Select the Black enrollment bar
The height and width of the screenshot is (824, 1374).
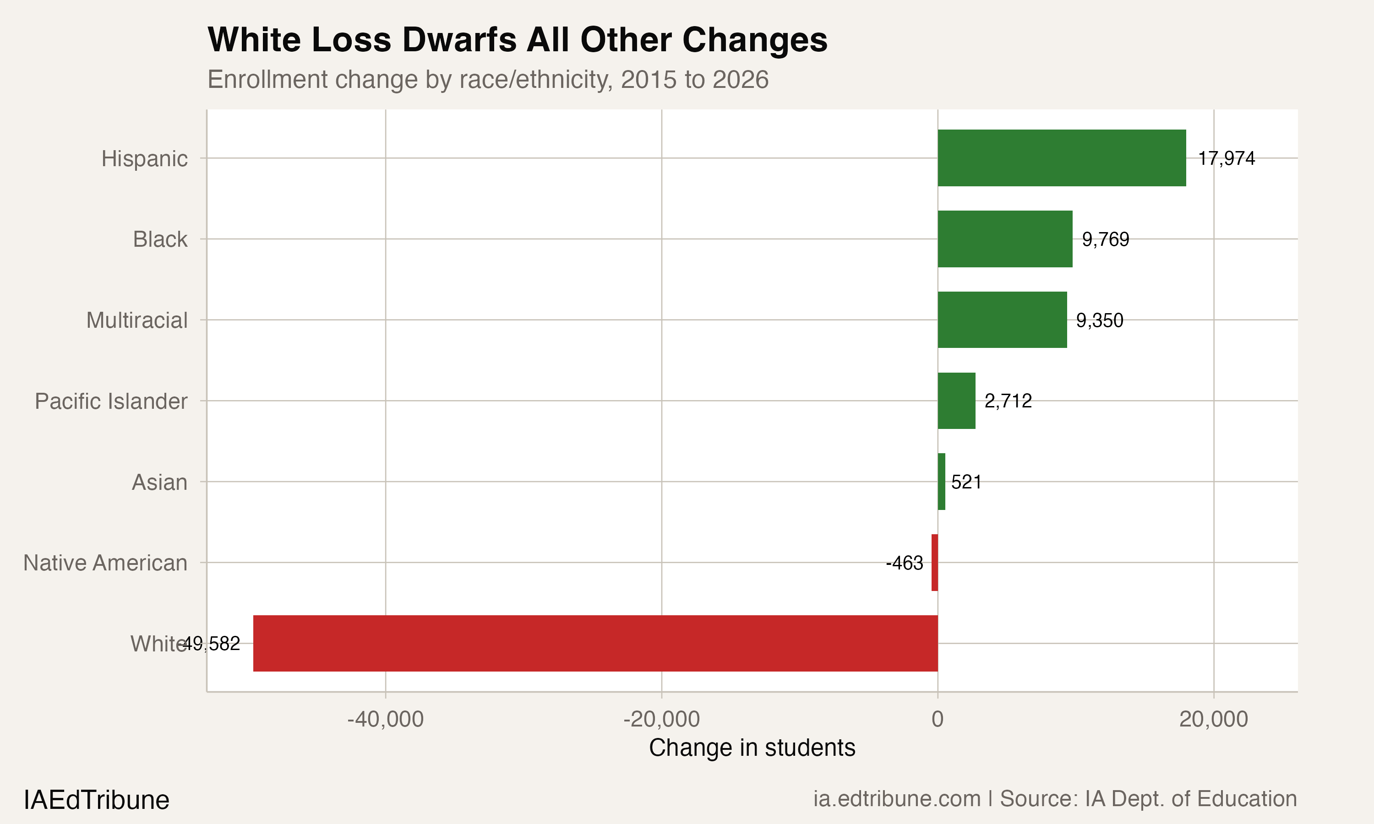[x=1005, y=239]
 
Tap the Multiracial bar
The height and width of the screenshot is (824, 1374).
[x=1002, y=320]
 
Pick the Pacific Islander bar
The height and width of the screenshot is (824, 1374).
[x=956, y=401]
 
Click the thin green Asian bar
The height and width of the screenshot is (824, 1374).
[x=941, y=482]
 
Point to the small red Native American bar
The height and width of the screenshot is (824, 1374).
[x=935, y=563]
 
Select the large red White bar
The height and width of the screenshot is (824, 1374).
[x=595, y=643]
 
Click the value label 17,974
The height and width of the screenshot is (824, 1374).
[x=1226, y=158]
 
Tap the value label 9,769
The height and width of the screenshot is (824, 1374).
[x=1105, y=239]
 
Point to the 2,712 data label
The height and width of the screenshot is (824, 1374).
[x=1008, y=401]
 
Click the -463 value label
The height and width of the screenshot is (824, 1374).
[x=904, y=563]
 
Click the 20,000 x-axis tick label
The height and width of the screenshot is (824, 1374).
[x=1214, y=719]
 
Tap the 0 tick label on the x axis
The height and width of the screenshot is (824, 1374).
[x=938, y=719]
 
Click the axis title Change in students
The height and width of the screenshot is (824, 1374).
[x=752, y=748]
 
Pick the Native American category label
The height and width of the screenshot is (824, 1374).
[x=105, y=563]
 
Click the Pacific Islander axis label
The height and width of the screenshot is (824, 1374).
[x=111, y=401]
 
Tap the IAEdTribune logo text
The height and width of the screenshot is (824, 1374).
[x=96, y=800]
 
